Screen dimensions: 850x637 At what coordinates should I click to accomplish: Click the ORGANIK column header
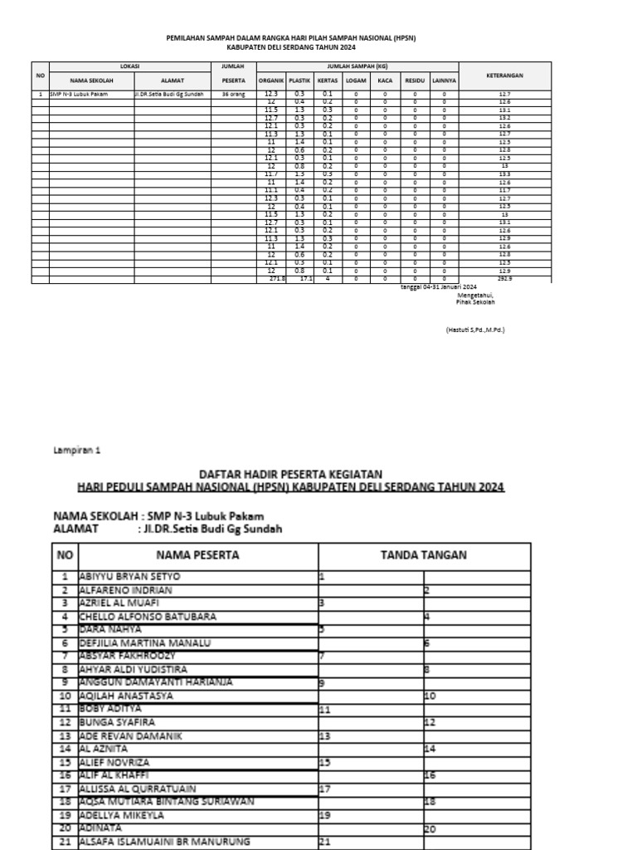[x=271, y=81]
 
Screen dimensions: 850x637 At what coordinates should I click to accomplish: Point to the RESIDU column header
[x=414, y=81]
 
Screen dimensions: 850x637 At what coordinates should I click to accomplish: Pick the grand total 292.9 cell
[x=504, y=279]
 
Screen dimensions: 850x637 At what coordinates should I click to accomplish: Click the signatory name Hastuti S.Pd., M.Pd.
[x=474, y=330]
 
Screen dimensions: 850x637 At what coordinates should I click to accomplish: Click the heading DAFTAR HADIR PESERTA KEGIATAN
[x=287, y=473]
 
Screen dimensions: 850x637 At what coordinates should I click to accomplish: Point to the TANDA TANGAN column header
[x=423, y=554]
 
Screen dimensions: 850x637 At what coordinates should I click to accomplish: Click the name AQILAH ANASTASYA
[x=126, y=696]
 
